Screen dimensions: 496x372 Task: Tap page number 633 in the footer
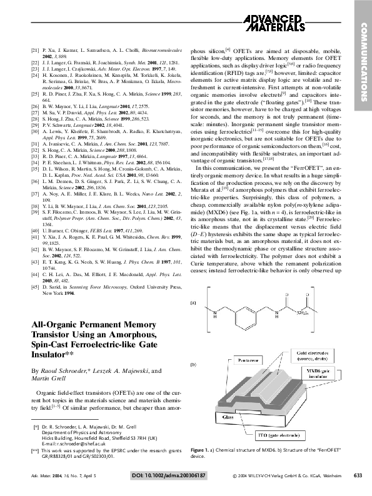point(358,477)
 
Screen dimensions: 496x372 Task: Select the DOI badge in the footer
point(168,477)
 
